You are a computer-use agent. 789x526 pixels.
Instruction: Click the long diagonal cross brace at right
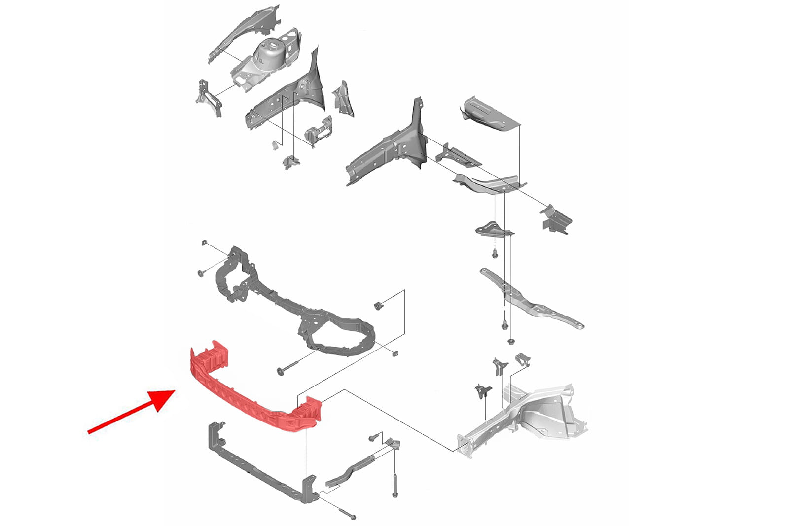pos(530,298)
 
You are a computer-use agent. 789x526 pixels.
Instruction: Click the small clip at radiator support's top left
pos(204,243)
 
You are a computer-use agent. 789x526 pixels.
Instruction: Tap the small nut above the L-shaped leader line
pos(379,304)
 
